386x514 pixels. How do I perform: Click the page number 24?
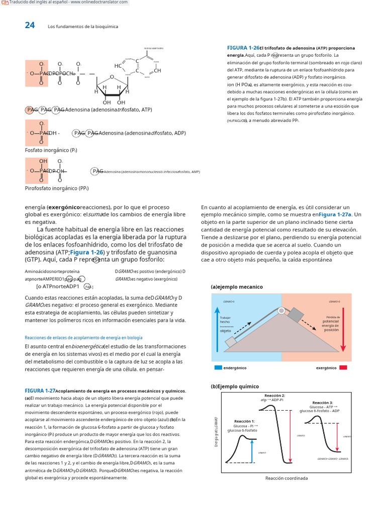[30, 26]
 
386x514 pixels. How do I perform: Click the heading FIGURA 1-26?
[243, 48]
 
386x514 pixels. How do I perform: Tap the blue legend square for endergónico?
[218, 368]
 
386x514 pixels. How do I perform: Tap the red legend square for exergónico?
[343, 368]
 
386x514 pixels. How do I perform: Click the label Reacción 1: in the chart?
[244, 421]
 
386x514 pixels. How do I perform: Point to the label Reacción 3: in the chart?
[322, 403]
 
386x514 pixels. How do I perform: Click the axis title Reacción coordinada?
[286, 478]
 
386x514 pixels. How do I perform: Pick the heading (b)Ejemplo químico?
[235, 387]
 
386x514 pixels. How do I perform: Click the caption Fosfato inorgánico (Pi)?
[51, 150]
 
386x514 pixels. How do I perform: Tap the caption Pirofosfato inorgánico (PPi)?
[57, 188]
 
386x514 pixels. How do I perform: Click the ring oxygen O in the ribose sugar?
[112, 77]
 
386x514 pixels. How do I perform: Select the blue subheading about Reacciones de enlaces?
[83, 338]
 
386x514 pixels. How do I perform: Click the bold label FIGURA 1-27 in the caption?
[40, 391]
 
